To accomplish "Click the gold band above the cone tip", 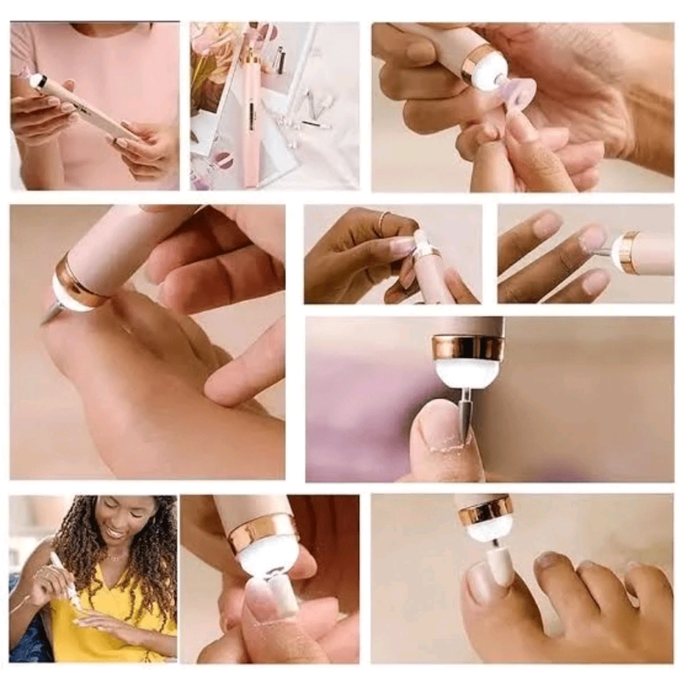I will (468, 348).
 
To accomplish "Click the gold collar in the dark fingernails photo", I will (626, 252).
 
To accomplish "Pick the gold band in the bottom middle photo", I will (262, 532).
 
